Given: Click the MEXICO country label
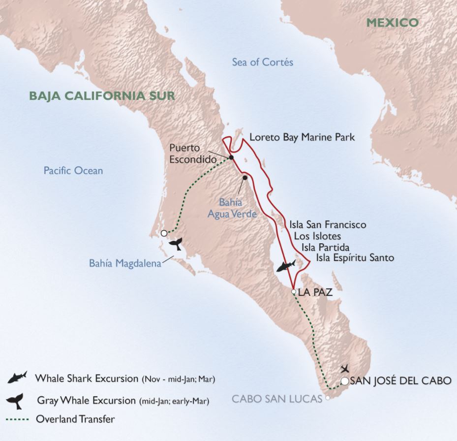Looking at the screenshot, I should click(392, 22).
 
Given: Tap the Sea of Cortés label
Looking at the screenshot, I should click(263, 62).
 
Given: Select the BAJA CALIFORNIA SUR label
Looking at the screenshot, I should click(102, 95).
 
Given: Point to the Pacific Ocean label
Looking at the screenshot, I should click(73, 171).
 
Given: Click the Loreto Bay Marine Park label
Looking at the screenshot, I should click(302, 137).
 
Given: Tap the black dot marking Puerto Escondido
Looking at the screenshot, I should click(230, 157).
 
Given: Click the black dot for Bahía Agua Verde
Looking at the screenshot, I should click(244, 177).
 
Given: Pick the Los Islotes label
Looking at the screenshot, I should click(317, 236).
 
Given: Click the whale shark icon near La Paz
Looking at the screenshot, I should click(285, 266).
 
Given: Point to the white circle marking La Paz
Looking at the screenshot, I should click(294, 292).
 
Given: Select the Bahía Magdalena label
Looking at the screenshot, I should click(125, 263).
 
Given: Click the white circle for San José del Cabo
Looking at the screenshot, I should click(345, 381).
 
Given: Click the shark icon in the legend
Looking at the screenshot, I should click(18, 378).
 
